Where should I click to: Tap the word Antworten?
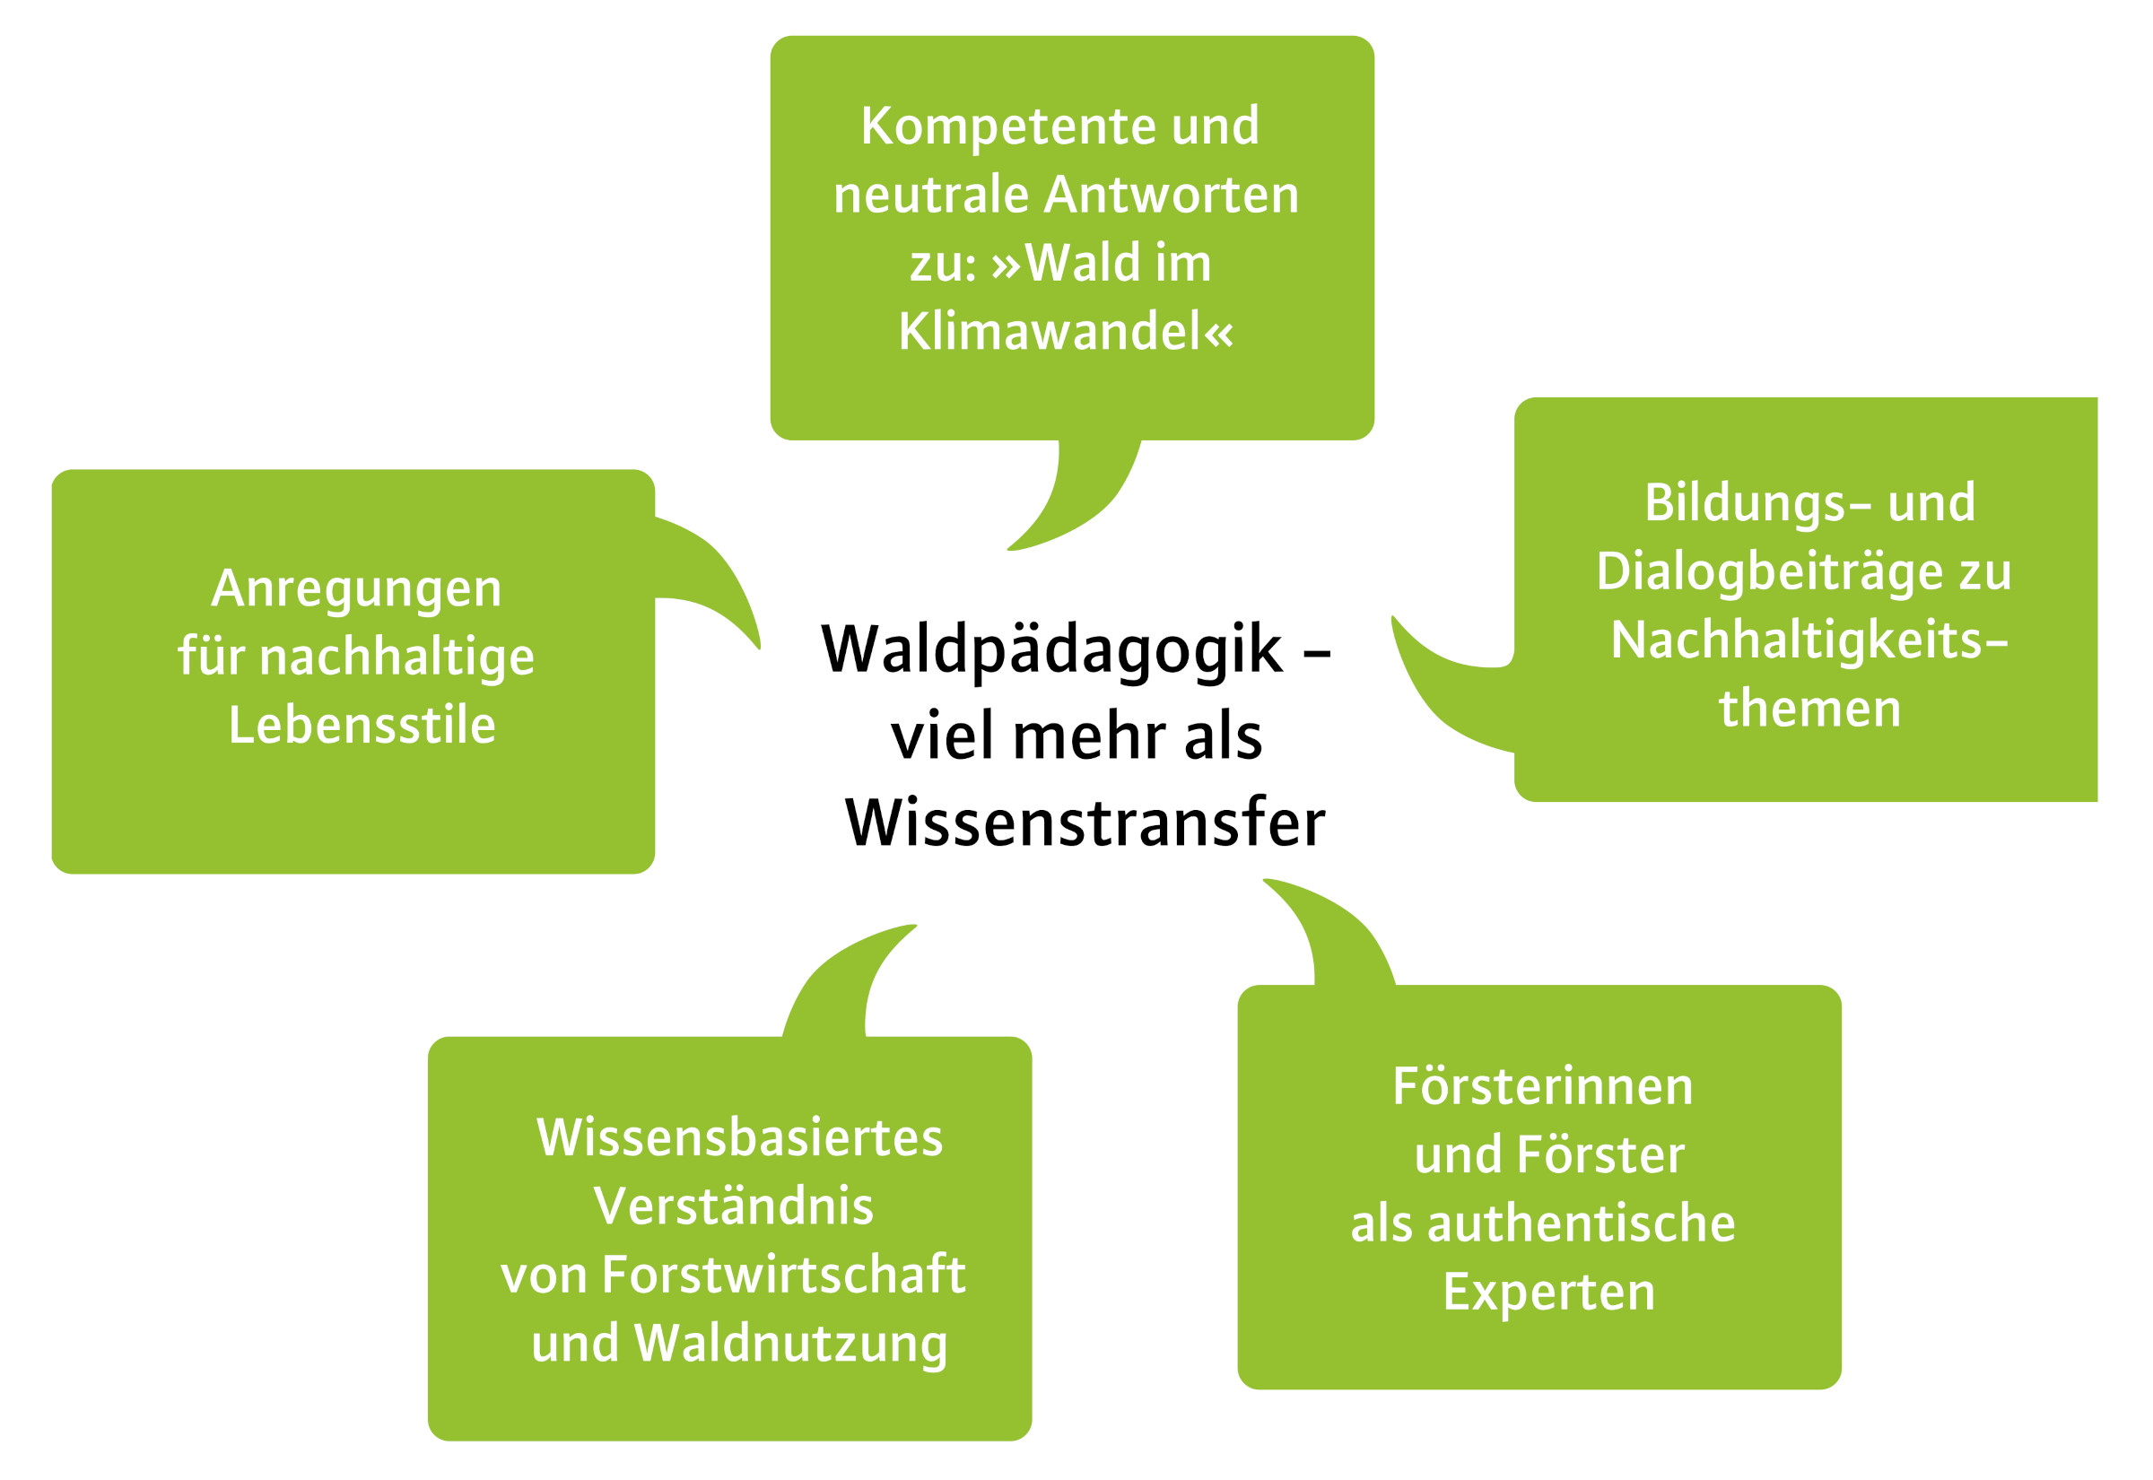coord(1172,195)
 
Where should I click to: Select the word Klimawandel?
coord(1052,331)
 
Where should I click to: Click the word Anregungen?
coord(356,588)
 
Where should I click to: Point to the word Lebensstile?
coord(362,725)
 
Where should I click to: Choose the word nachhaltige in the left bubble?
coord(397,657)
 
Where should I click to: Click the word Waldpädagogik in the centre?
coord(1052,650)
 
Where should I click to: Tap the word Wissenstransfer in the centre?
coord(1085,823)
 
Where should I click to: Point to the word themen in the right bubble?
coord(1810,710)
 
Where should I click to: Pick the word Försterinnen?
coord(1543,1087)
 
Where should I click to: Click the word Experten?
coord(1548,1293)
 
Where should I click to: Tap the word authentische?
coord(1581,1224)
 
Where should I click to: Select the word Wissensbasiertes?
coord(739,1138)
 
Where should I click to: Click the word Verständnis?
coord(734,1206)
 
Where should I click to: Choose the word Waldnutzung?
coord(791,1344)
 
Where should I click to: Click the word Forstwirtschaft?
coord(783,1275)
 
